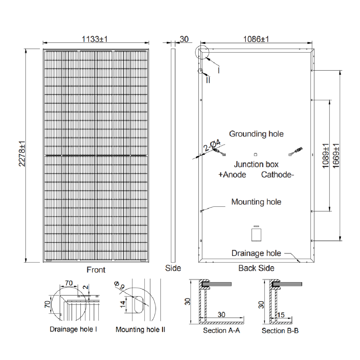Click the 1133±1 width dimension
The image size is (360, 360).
(95, 39)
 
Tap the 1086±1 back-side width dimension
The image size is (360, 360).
(256, 39)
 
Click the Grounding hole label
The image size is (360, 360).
(256, 134)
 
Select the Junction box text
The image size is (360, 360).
(256, 165)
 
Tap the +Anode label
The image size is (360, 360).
(232, 175)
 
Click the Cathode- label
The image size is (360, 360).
(278, 175)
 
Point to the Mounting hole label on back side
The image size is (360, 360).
(256, 202)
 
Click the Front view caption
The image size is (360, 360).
(96, 270)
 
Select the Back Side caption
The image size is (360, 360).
(256, 268)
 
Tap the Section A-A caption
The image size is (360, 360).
(221, 330)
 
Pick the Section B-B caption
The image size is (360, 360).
(280, 330)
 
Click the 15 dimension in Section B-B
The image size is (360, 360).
(281, 315)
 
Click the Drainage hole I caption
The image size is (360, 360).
(73, 329)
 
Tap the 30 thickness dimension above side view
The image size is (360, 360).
(184, 39)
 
